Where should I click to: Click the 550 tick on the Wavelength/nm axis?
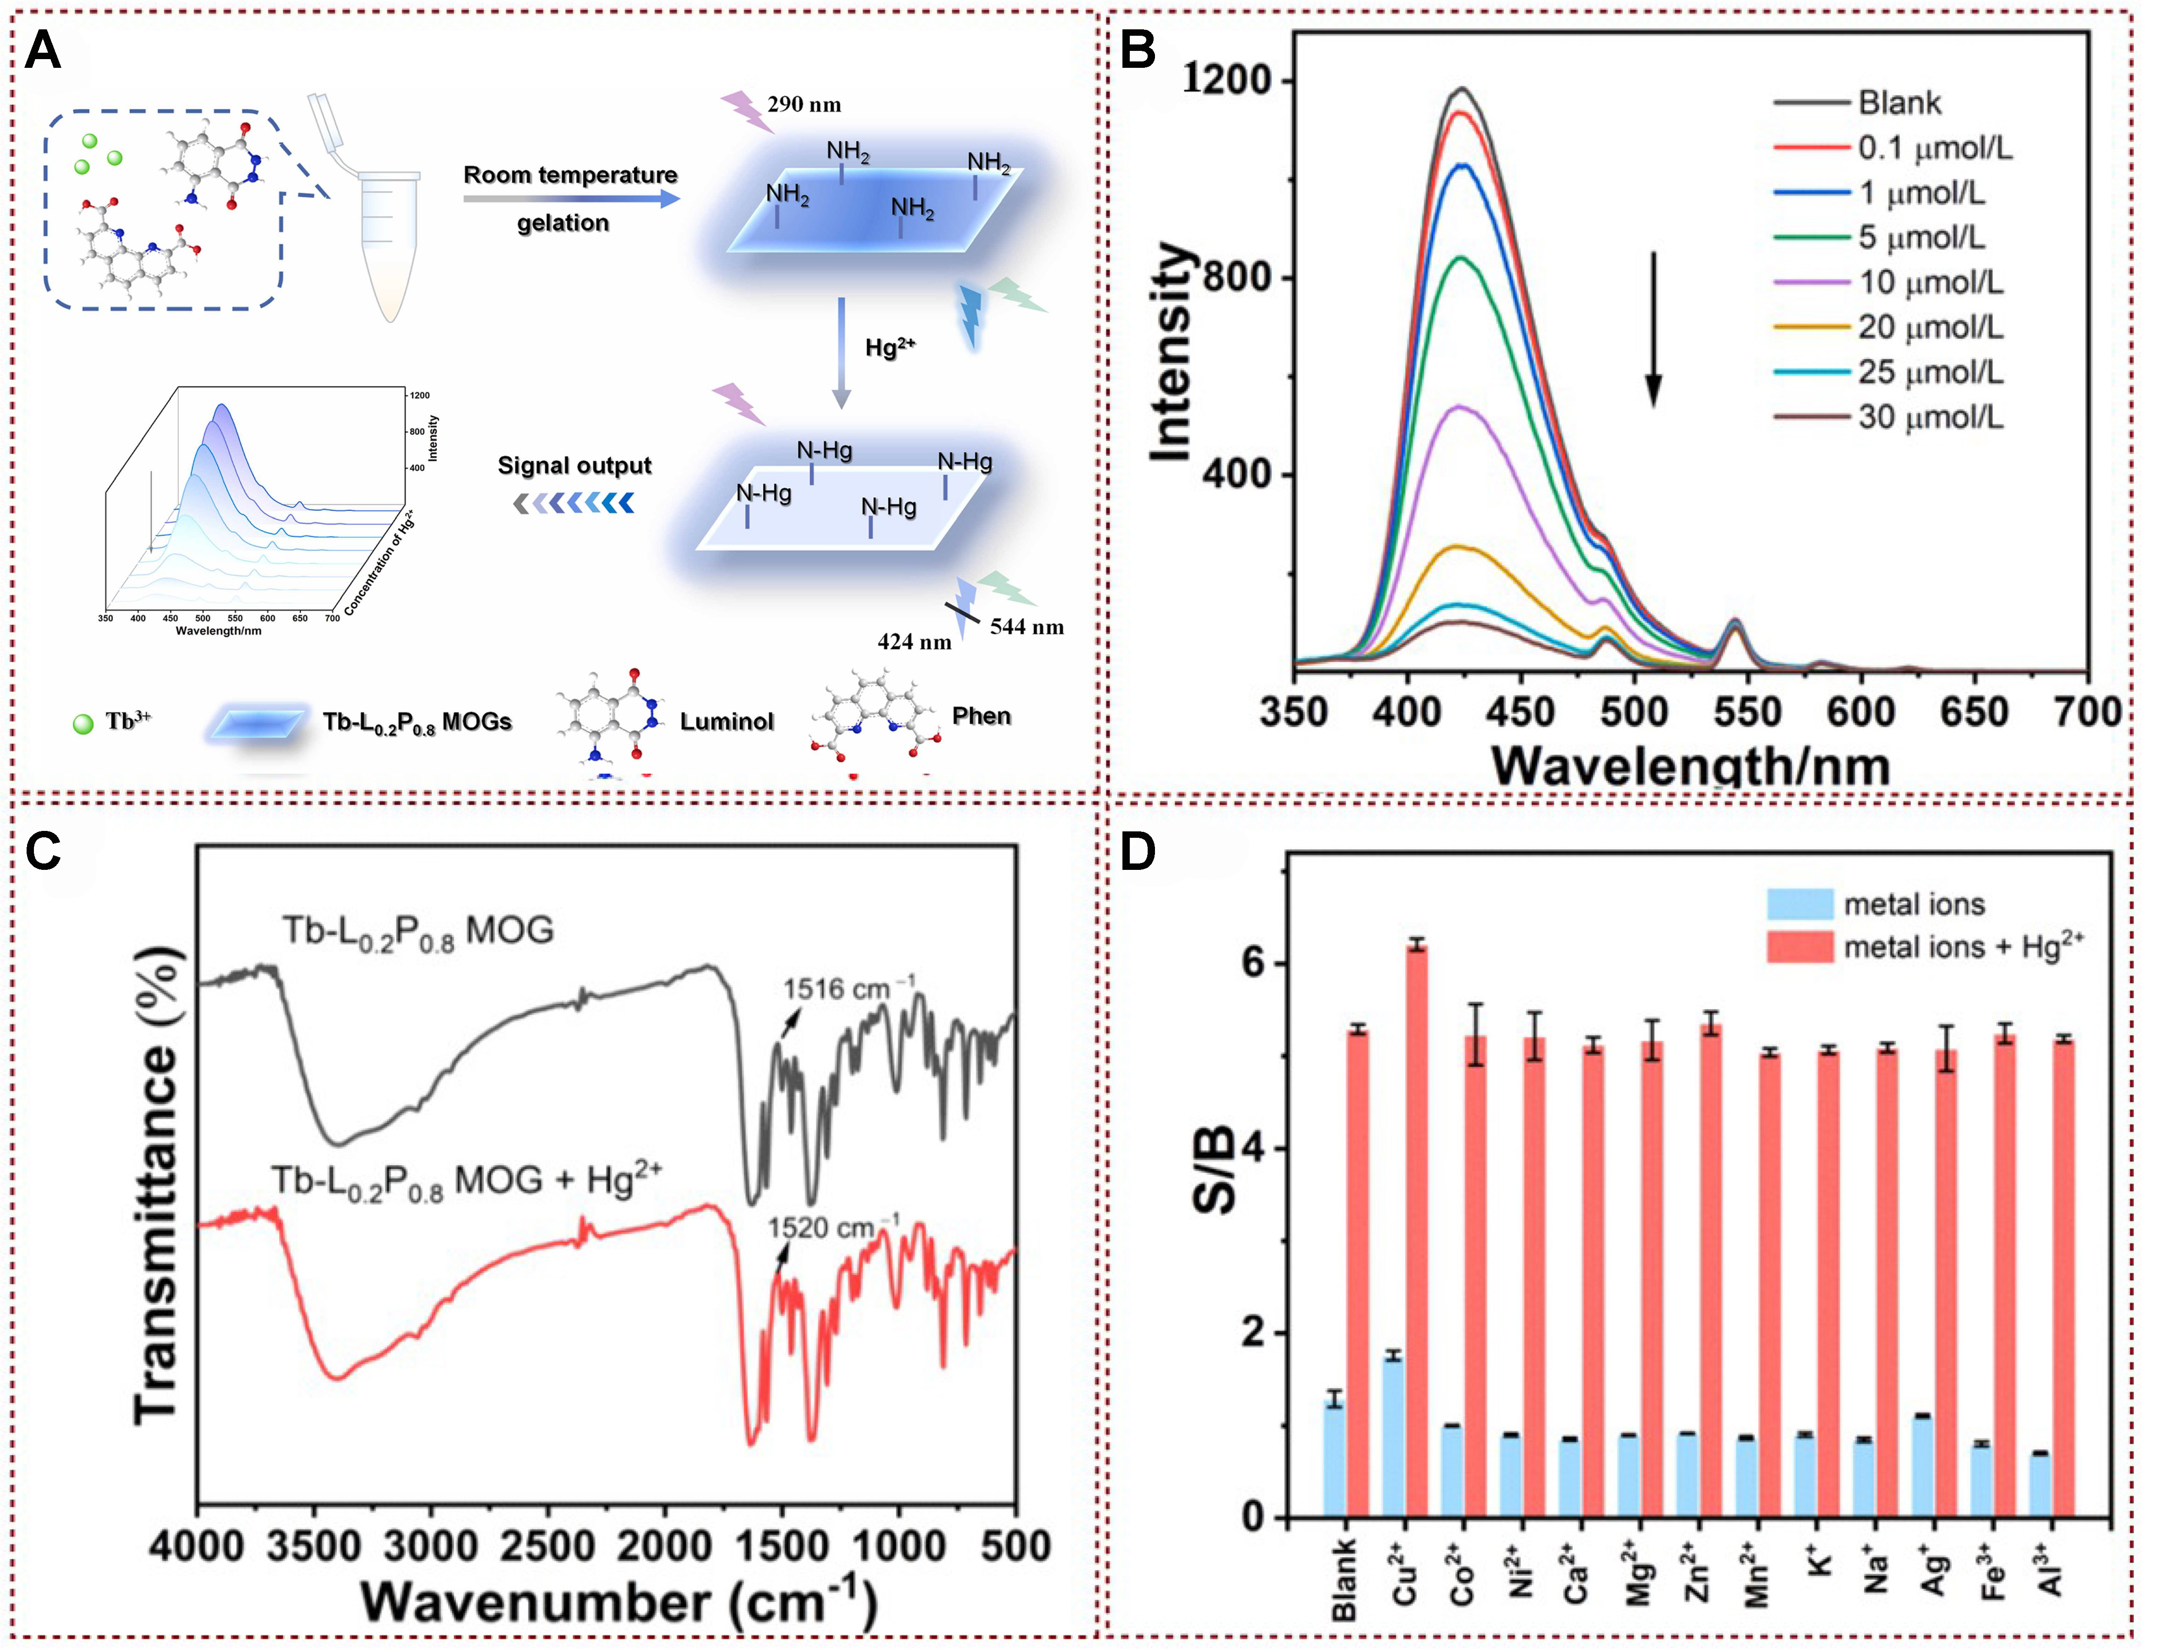(1748, 712)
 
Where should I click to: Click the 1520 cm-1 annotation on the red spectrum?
(833, 1228)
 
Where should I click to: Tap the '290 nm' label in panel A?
(804, 104)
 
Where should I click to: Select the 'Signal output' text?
(575, 465)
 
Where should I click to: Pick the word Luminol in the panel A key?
(727, 722)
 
